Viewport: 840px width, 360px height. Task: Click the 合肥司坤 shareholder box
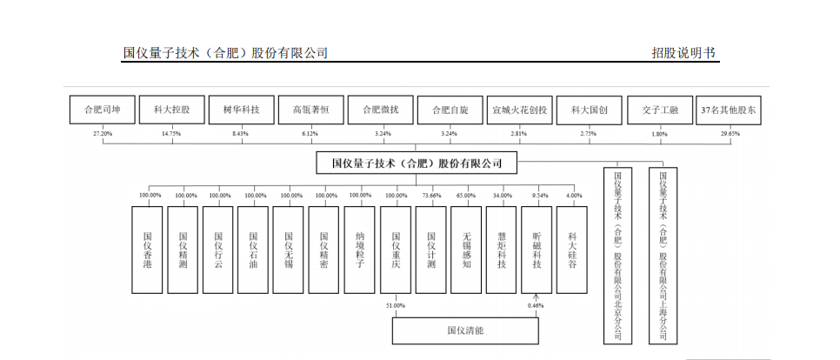pos(102,110)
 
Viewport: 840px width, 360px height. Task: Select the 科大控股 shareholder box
pos(171,110)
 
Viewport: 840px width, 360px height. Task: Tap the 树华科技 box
pos(241,110)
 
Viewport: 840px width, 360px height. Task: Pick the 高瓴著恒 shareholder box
pos(310,110)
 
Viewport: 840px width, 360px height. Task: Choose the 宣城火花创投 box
pos(519,110)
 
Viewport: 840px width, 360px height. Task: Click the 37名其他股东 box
pos(729,110)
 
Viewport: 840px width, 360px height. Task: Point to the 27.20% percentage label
pos(103,134)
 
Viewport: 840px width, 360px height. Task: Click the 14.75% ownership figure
pos(171,134)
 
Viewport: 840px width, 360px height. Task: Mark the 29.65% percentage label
pos(729,134)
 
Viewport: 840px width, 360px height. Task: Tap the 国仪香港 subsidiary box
pos(147,249)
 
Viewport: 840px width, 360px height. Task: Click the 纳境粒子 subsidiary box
pos(360,249)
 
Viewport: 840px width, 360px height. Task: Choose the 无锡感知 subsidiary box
pos(466,249)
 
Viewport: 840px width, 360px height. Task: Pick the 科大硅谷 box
pos(572,249)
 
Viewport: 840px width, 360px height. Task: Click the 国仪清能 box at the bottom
pos(464,331)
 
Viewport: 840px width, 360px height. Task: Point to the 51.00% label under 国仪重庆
pos(396,306)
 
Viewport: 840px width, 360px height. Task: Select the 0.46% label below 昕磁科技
pos(537,306)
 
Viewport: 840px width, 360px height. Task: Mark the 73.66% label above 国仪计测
pos(430,196)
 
